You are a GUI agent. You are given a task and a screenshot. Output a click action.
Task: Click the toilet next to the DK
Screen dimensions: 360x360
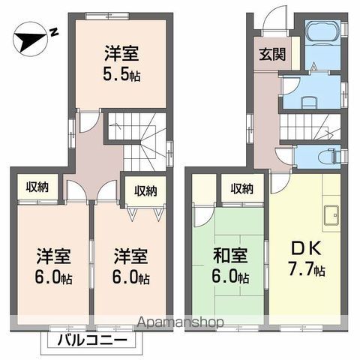tap(326, 156)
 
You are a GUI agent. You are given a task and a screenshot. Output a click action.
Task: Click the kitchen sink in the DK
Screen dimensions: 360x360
tap(330, 215)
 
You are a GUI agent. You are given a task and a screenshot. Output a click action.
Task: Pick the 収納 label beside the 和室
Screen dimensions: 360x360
tap(241, 188)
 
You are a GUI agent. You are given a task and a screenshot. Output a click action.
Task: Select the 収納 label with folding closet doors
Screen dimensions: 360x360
tap(145, 190)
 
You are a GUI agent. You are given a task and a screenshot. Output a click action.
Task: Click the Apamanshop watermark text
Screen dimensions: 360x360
tap(181, 323)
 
